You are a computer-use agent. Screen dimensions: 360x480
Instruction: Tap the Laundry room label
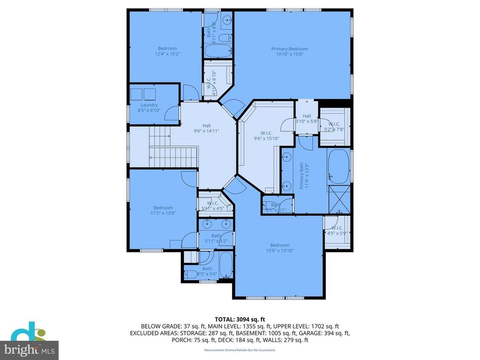149,105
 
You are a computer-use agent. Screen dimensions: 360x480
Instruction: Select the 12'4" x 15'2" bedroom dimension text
167,55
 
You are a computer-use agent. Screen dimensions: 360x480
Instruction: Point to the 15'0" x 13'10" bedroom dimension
279,251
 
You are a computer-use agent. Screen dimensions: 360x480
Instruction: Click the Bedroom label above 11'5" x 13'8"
163,207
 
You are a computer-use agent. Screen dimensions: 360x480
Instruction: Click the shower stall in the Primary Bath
339,200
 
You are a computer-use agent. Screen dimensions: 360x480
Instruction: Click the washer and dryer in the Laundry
143,94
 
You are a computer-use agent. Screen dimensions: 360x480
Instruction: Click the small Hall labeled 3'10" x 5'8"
306,119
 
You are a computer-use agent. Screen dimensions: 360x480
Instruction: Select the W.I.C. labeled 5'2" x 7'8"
334,127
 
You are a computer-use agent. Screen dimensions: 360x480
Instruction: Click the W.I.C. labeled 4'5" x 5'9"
337,231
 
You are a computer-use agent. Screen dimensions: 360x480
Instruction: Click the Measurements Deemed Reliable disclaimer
240,350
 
